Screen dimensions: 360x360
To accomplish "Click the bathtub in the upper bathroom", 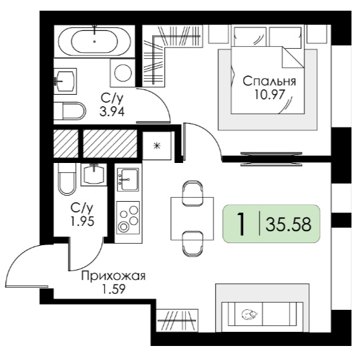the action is pos(94,41).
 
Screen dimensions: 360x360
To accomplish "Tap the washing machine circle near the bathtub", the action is pos(123,73).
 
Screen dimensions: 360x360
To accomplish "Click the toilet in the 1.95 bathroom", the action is pos(67,179).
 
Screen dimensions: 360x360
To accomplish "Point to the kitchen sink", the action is pos(128,179).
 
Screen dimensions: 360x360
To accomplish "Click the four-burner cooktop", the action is pos(128,218).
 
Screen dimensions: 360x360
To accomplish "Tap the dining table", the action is pos(192,218).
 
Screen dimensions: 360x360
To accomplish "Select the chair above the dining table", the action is pos(192,193).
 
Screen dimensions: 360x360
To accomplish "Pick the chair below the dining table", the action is pos(192,244).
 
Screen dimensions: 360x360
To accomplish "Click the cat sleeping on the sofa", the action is pos(250,315).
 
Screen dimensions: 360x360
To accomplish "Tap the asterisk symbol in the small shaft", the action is pos(156,146).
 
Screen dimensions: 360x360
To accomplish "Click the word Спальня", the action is pos(269,81).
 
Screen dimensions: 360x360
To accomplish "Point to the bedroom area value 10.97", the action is pos(269,94).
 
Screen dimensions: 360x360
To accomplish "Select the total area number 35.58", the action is pos(289,224).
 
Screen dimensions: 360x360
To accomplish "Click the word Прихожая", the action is pos(114,277).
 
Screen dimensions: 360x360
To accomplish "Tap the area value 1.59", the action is pos(114,289).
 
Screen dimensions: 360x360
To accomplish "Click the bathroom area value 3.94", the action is pos(112,112).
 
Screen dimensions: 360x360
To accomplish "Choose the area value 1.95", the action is pos(82,222).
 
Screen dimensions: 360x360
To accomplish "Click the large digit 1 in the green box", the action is pos(241,224).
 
